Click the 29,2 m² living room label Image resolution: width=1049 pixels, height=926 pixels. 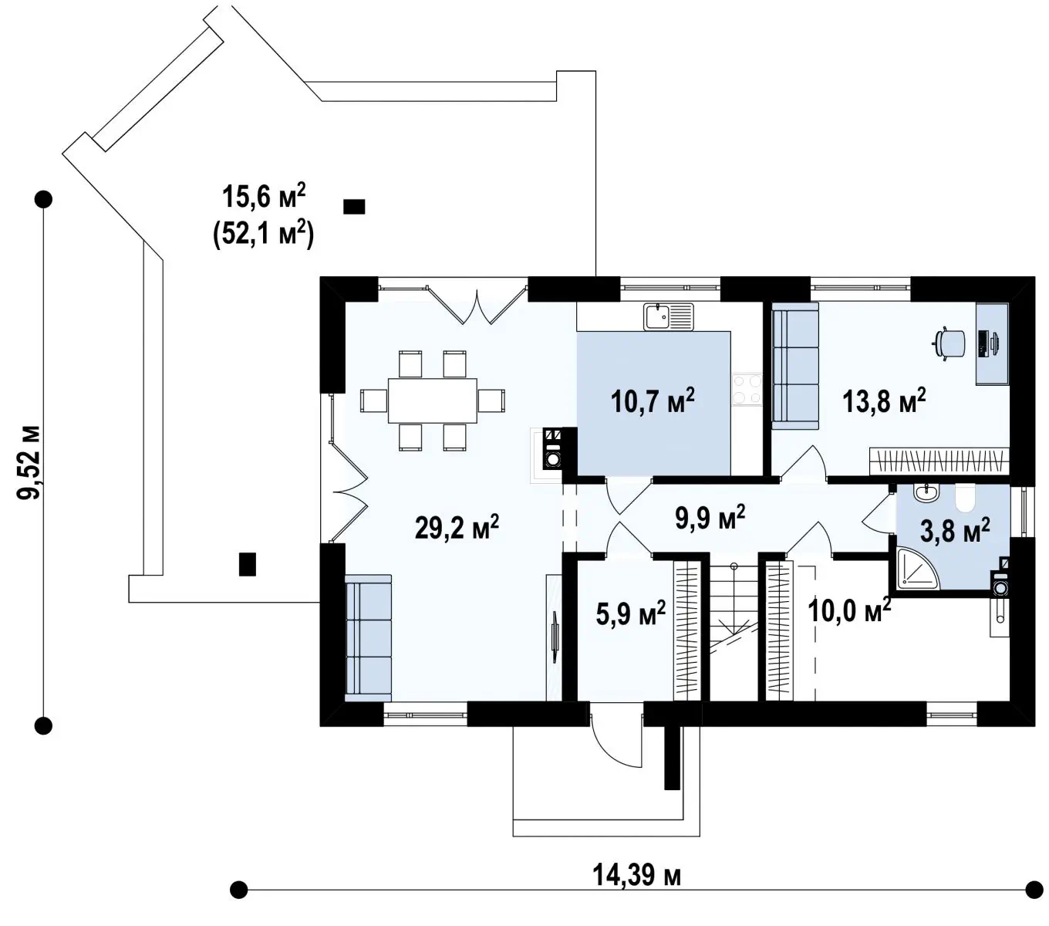pyautogui.click(x=457, y=528)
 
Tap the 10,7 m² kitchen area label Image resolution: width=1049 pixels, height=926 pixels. pyautogui.click(x=653, y=400)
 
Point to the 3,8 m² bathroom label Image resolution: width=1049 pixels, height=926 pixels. pyautogui.click(x=955, y=531)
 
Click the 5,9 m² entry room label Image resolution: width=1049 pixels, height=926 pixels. pyautogui.click(x=630, y=613)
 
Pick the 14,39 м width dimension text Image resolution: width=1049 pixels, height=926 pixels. pyautogui.click(x=636, y=874)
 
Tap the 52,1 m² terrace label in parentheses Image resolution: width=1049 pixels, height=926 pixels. pyautogui.click(x=264, y=235)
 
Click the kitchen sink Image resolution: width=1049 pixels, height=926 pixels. pyautogui.click(x=669, y=316)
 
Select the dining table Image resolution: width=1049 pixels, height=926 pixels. pyautogui.click(x=433, y=400)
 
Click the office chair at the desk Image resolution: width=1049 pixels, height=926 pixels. pyautogui.click(x=949, y=343)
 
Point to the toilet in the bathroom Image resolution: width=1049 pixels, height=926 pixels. pyautogui.click(x=965, y=498)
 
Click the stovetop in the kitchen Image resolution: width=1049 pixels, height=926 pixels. pyautogui.click(x=747, y=389)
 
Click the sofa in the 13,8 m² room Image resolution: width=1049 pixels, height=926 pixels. pyautogui.click(x=794, y=366)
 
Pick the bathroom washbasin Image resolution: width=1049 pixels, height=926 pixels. pyautogui.click(x=926, y=493)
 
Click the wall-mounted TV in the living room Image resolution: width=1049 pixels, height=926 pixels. pyautogui.click(x=555, y=637)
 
